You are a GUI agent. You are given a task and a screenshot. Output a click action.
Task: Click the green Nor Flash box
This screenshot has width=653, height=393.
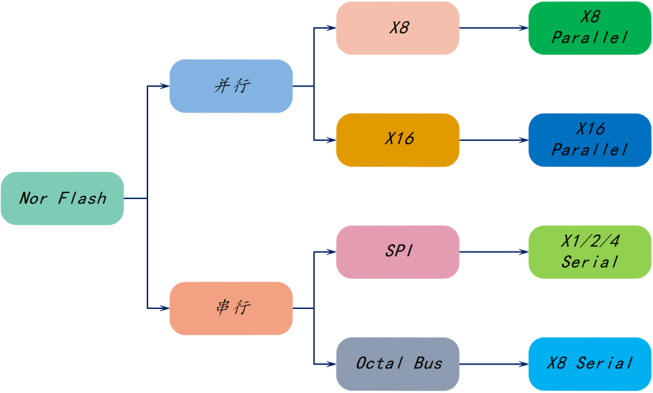[62, 198]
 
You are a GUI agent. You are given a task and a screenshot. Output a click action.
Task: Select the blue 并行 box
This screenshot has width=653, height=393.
[231, 86]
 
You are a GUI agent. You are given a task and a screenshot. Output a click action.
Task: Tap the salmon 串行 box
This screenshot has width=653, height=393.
[231, 308]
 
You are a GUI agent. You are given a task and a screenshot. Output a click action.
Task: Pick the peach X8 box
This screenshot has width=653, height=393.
[398, 28]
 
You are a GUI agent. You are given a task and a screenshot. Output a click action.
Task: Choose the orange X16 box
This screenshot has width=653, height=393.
[398, 140]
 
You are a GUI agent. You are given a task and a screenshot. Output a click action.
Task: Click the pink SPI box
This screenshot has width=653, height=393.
[398, 252]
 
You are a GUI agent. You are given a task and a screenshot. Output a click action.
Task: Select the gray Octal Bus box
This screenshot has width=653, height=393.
[398, 364]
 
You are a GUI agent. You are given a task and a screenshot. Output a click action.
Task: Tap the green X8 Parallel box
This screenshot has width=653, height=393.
[590, 28]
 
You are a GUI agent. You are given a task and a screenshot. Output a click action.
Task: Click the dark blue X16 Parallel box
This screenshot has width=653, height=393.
[590, 140]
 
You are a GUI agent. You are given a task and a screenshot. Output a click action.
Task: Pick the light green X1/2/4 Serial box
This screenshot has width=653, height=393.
[590, 252]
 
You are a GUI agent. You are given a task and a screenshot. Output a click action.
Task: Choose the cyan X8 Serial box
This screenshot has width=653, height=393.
[590, 364]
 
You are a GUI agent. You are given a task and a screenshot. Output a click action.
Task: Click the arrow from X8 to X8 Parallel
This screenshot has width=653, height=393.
[493, 28]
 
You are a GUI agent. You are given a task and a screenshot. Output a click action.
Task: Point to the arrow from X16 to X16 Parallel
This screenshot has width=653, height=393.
[493, 140]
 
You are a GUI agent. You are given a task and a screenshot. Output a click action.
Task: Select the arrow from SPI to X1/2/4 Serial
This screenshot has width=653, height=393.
[493, 252]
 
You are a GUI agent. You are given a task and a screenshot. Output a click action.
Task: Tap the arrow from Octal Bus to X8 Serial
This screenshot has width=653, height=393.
[493, 364]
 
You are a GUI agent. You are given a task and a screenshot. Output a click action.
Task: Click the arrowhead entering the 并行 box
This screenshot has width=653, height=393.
[164, 86]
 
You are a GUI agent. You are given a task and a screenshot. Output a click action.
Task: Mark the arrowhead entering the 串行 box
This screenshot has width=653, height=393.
[164, 308]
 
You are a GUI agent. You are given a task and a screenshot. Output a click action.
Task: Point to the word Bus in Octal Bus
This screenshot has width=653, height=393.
[428, 363]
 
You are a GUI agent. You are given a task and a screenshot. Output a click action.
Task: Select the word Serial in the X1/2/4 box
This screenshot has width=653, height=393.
[590, 262]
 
